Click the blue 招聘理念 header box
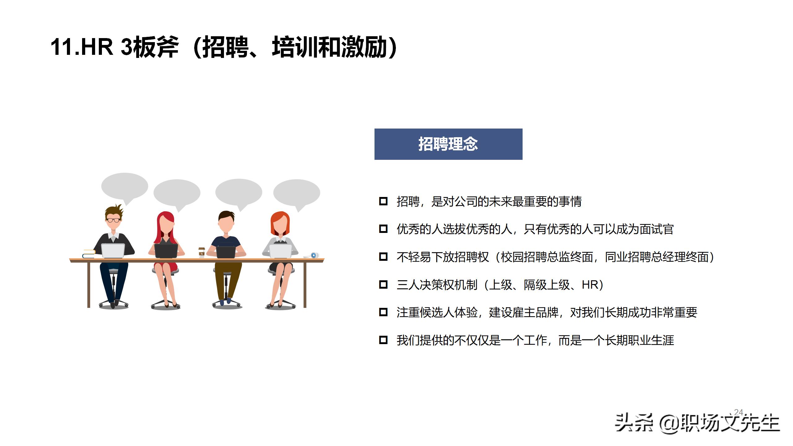click(448, 144)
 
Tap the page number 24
click(738, 412)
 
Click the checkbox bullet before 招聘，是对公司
click(383, 201)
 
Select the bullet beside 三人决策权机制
click(383, 284)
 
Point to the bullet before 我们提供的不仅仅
click(383, 340)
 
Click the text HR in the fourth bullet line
click(590, 285)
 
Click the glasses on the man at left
click(113, 220)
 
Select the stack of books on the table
click(89, 254)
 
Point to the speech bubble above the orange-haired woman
click(296, 192)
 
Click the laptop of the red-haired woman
click(166, 251)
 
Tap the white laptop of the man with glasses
click(113, 250)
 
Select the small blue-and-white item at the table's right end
click(314, 255)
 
